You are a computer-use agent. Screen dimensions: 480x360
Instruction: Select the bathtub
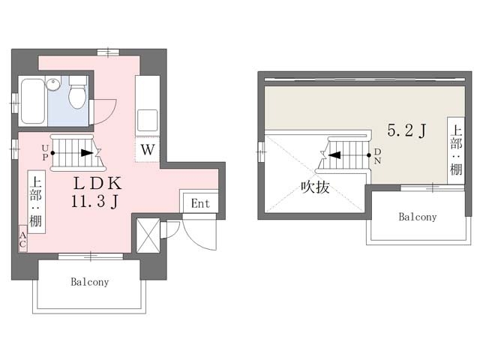click(33, 101)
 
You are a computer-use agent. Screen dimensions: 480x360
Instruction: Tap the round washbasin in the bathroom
click(53, 84)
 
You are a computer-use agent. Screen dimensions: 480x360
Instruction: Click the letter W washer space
click(148, 150)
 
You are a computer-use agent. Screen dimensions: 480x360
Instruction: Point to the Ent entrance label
click(200, 203)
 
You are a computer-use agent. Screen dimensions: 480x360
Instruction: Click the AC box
click(22, 239)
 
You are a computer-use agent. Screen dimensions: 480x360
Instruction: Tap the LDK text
click(97, 183)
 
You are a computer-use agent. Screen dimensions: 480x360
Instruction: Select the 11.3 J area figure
click(95, 202)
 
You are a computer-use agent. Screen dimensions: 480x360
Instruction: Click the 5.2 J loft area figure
click(406, 130)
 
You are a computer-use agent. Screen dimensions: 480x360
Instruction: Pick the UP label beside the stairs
click(45, 152)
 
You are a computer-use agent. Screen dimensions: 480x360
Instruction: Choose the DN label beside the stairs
click(378, 156)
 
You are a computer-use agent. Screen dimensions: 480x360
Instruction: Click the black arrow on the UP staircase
click(87, 153)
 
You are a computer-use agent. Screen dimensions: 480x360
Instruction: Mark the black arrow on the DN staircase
click(334, 155)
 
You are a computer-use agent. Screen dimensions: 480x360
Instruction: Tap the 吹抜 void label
click(315, 187)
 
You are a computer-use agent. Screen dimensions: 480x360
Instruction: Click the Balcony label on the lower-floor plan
click(90, 282)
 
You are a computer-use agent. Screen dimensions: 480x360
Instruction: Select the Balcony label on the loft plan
click(418, 217)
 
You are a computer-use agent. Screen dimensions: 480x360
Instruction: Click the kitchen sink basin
click(147, 120)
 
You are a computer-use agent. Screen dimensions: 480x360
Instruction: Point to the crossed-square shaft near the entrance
click(148, 235)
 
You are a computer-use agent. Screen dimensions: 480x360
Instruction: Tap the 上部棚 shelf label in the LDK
click(37, 202)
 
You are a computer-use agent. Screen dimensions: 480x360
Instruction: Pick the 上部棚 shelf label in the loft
click(456, 151)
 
